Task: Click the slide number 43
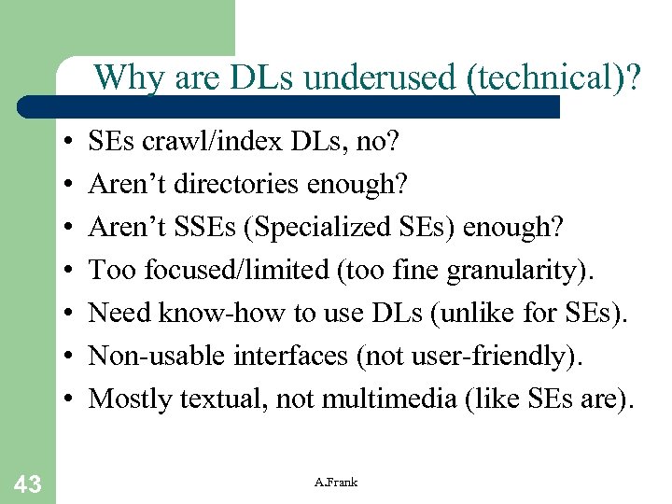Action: [x=28, y=483]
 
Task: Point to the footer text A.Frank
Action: [x=336, y=482]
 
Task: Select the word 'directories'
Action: [x=237, y=185]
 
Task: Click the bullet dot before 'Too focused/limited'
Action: [x=71, y=272]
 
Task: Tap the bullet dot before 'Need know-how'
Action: [x=71, y=315]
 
